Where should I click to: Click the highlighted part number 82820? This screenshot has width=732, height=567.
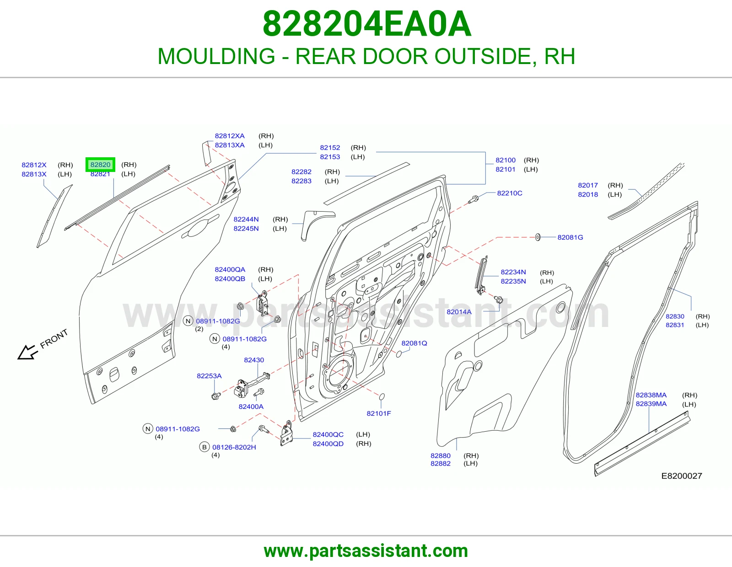(100, 165)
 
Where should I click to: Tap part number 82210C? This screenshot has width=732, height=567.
(510, 193)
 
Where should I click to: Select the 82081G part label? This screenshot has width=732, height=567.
(570, 237)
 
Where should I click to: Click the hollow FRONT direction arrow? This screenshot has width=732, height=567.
(27, 352)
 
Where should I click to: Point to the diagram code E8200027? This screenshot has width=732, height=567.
(682, 476)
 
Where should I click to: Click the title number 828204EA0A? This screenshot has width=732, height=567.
(367, 24)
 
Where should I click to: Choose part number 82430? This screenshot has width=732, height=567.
(254, 360)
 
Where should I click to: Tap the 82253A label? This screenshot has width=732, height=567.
(209, 376)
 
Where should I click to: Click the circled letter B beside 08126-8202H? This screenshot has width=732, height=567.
(204, 447)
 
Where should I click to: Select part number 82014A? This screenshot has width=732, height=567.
(459, 312)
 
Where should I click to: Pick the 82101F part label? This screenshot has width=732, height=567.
(379, 413)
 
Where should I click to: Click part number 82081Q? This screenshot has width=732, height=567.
(414, 343)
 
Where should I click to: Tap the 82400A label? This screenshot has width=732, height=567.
(251, 407)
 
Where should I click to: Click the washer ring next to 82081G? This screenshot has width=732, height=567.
(538, 237)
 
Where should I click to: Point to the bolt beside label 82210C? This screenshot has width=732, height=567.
(474, 199)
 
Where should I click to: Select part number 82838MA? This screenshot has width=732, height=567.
(651, 395)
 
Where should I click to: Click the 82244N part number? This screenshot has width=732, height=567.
(246, 219)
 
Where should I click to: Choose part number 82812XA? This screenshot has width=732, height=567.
(230, 136)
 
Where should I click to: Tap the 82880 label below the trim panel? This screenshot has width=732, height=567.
(440, 455)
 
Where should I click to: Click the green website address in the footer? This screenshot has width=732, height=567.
(366, 551)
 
